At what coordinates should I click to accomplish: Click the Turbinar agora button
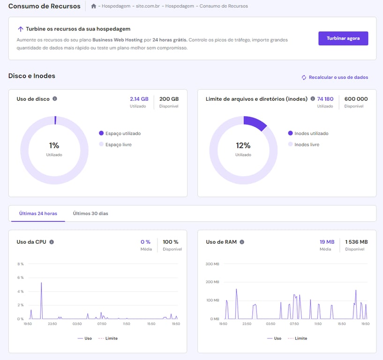[x=343, y=38]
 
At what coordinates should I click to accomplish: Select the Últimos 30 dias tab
[x=90, y=213]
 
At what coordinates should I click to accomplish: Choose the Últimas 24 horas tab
[x=38, y=213]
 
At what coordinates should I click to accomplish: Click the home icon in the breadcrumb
[x=94, y=6]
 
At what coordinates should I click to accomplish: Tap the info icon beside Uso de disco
[x=55, y=99]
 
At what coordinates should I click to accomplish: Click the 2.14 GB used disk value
[x=139, y=99]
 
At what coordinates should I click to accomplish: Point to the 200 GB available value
[x=169, y=99]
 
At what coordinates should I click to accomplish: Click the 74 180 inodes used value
[x=325, y=99]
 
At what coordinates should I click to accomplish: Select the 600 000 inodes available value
[x=356, y=99]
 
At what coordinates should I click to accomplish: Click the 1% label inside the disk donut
[x=54, y=145]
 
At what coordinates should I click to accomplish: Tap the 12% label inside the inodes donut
[x=243, y=145]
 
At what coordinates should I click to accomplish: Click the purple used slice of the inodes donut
[x=255, y=122]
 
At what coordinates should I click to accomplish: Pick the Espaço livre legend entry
[x=119, y=145]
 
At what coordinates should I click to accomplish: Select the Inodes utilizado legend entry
[x=311, y=134]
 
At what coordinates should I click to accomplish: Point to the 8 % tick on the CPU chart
[x=20, y=264]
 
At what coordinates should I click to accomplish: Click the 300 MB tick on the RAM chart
[x=212, y=264]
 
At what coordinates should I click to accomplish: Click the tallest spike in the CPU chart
[x=41, y=284]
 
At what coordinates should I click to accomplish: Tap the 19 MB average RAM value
[x=327, y=242]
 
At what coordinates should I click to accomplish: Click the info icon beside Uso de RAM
[x=242, y=242]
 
